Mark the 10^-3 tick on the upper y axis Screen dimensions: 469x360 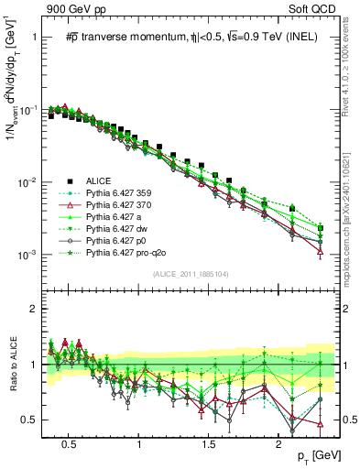point(33,254)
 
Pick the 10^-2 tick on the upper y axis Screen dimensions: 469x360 point(33,181)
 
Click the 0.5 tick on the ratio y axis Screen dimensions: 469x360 point(35,420)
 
